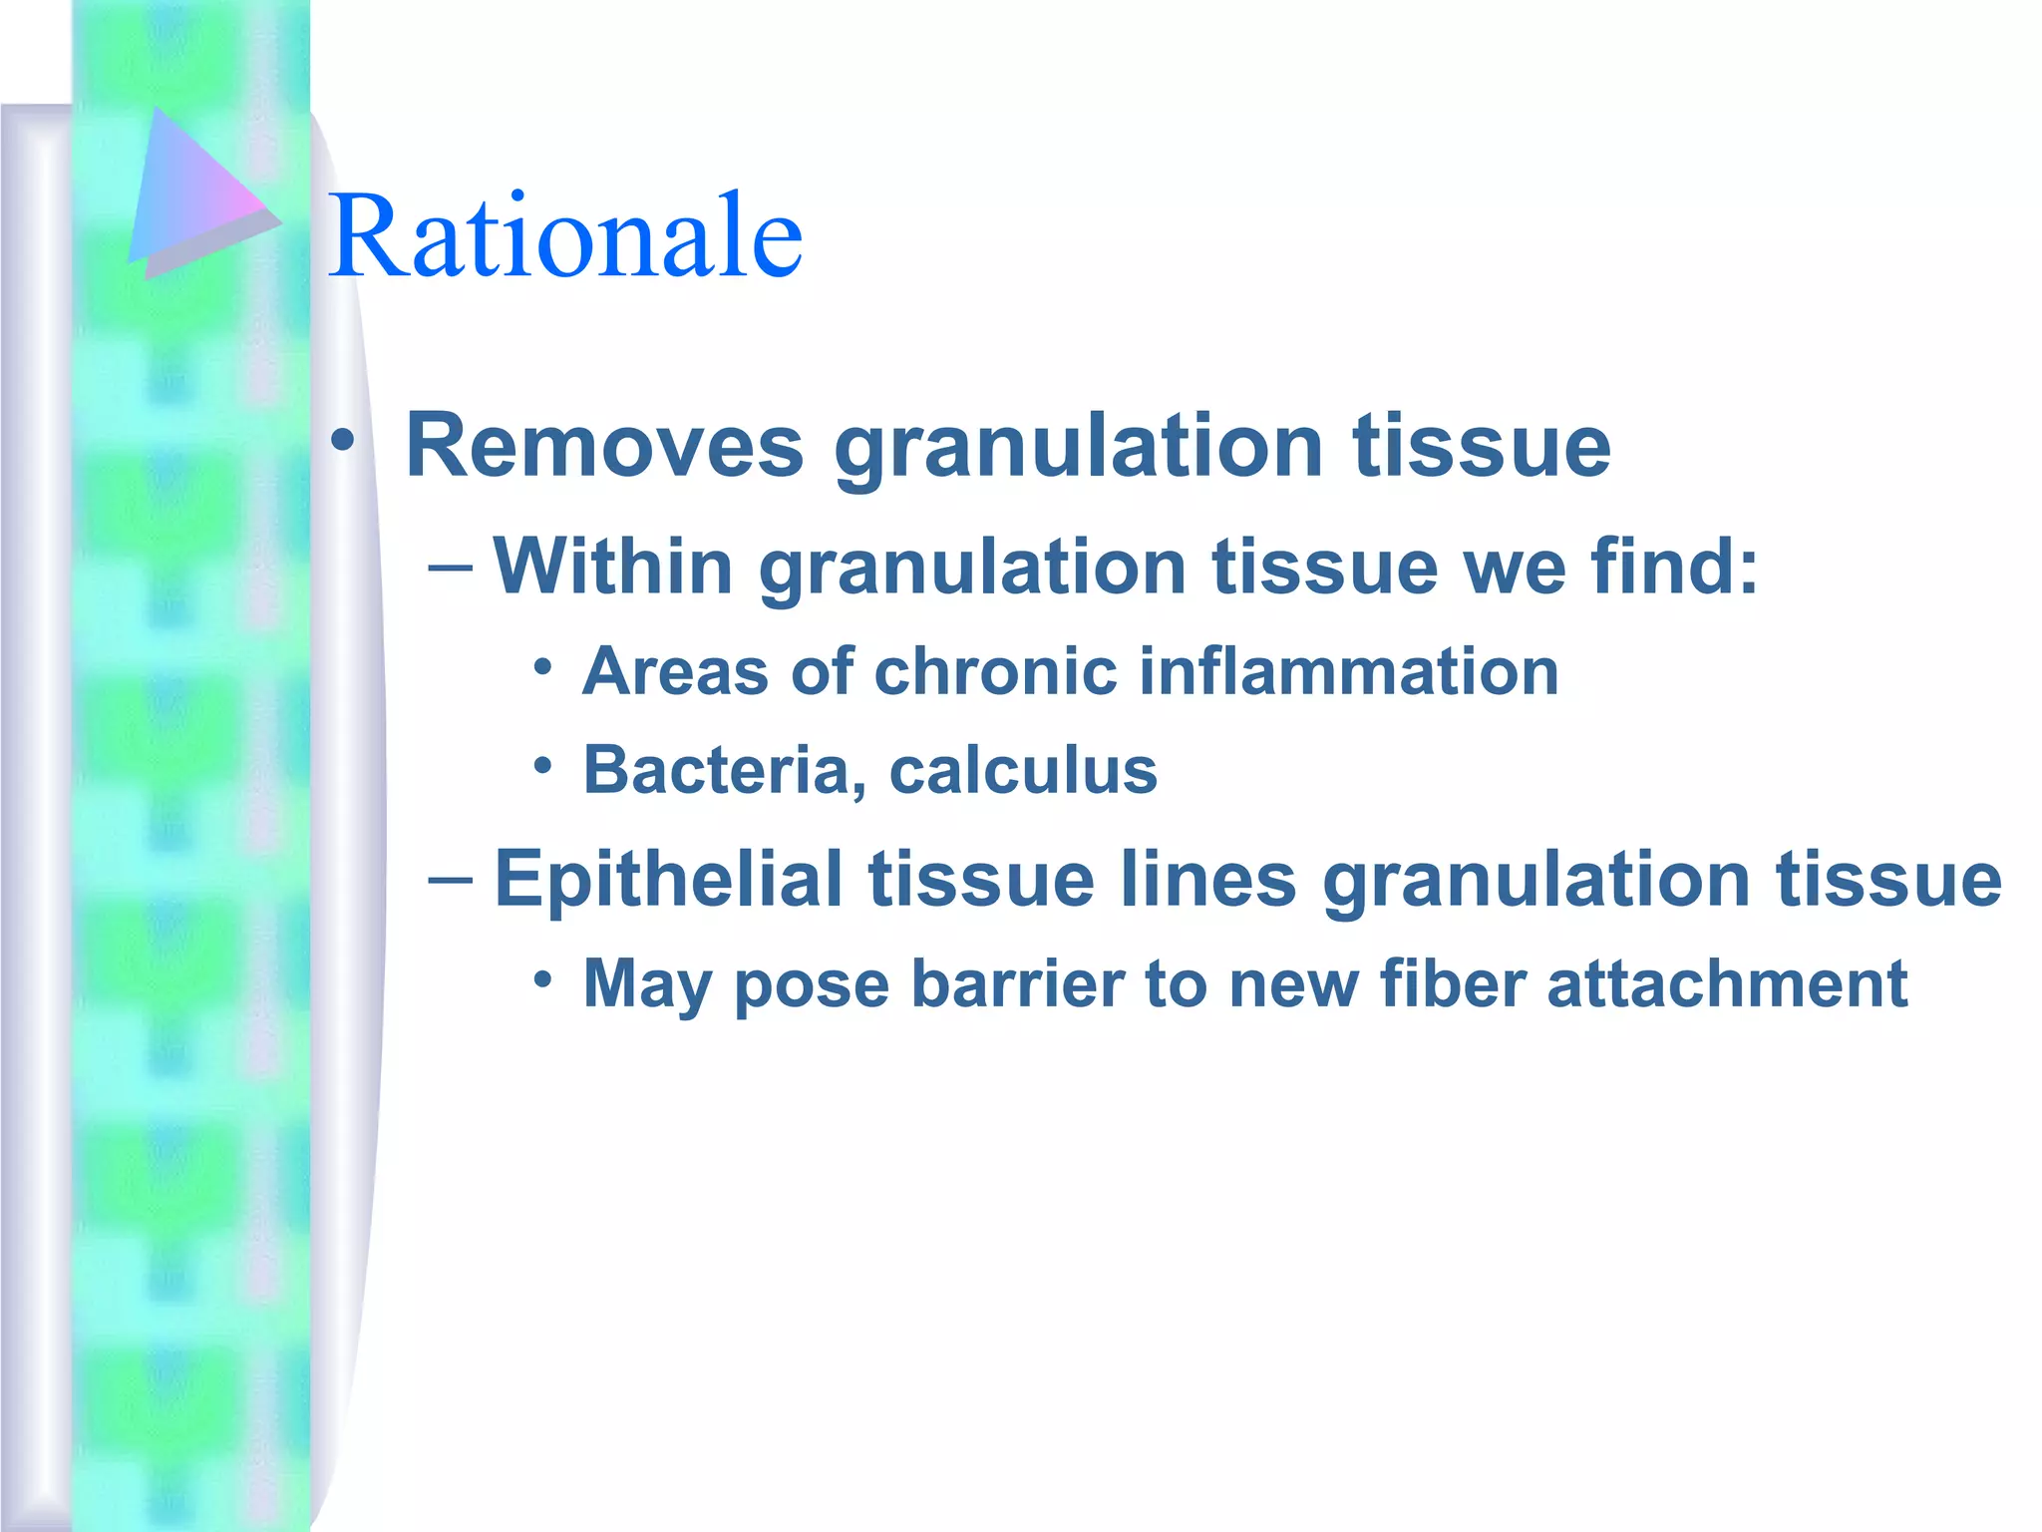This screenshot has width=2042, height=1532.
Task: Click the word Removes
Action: (604, 446)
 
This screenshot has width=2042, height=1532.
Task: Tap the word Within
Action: (613, 566)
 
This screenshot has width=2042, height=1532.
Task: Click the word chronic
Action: (995, 670)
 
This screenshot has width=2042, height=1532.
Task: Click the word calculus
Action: (1023, 770)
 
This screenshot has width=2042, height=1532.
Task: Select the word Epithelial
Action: (668, 880)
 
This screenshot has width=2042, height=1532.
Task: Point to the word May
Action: (646, 985)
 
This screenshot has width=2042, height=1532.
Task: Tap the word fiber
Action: (1453, 983)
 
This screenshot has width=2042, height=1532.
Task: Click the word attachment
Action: (1727, 983)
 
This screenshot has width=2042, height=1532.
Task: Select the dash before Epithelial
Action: (450, 879)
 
